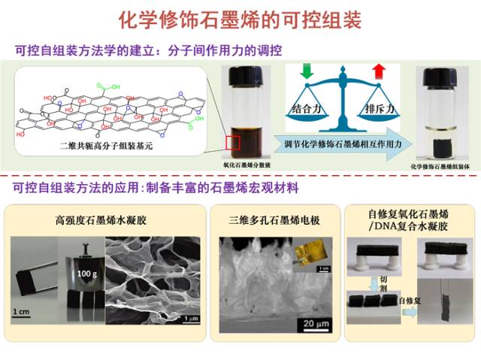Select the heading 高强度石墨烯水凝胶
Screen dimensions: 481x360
102,220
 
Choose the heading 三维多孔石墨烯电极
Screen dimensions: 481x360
276,220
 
